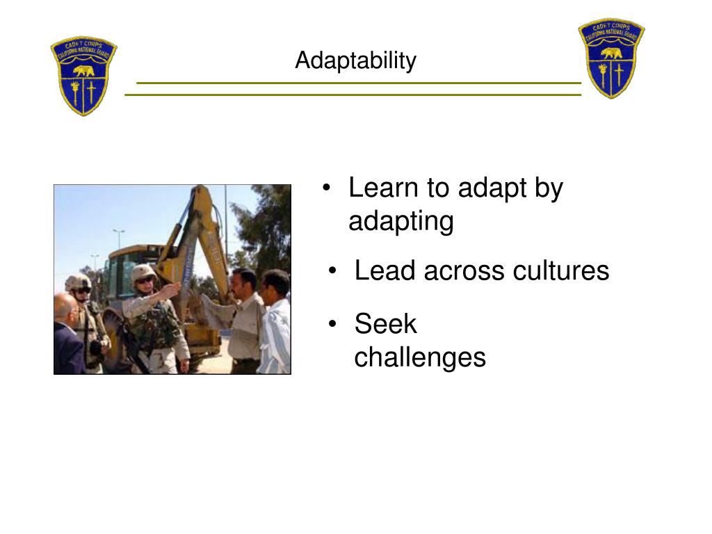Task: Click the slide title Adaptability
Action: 355,61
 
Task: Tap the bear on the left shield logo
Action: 83,71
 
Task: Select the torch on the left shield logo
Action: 74,92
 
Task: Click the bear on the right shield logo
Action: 612,53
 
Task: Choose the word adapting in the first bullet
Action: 400,221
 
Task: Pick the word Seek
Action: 385,324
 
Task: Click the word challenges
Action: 419,357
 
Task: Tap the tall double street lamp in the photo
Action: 119,236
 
